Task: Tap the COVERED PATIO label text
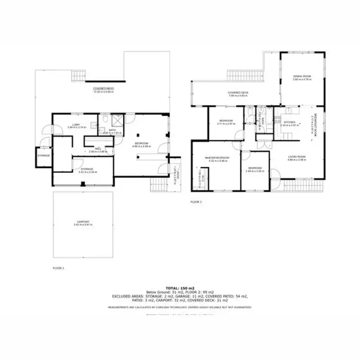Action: (103, 89)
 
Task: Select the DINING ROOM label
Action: (302, 77)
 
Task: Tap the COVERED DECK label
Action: (237, 93)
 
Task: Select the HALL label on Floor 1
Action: (97, 149)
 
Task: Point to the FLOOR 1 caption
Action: (58, 268)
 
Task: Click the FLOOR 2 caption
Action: (196, 202)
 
